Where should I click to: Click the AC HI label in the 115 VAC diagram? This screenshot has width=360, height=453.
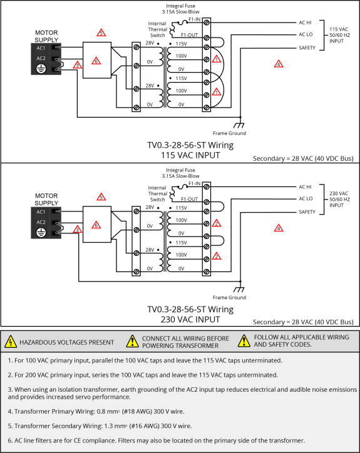click(x=305, y=23)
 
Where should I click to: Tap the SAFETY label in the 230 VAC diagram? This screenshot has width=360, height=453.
click(x=307, y=211)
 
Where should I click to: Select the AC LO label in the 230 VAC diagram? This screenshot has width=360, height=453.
click(x=306, y=198)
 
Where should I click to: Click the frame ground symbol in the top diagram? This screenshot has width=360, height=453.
click(x=239, y=125)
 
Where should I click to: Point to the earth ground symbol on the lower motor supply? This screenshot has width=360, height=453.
click(x=41, y=232)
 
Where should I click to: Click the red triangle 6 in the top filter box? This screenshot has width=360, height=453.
click(x=96, y=61)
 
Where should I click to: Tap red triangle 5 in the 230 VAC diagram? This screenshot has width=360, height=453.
click(x=101, y=196)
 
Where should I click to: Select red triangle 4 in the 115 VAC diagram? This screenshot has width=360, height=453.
click(x=279, y=64)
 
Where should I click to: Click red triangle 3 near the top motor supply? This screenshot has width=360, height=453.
click(x=77, y=64)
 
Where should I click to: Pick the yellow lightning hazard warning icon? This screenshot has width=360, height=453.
click(x=11, y=342)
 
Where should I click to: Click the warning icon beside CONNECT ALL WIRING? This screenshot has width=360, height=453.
click(x=133, y=341)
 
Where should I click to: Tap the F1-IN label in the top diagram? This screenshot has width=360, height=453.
click(x=195, y=19)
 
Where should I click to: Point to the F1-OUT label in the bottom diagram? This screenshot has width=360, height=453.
click(x=190, y=199)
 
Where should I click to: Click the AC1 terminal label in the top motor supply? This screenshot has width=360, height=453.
click(x=41, y=48)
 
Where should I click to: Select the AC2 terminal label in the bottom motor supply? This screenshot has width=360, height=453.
click(x=41, y=222)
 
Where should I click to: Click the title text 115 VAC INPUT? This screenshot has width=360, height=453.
click(x=190, y=155)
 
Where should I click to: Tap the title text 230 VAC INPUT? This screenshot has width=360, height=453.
click(x=190, y=320)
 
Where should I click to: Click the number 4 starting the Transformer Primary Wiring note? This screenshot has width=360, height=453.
click(x=9, y=412)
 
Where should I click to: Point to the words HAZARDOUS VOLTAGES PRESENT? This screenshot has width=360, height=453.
click(x=67, y=342)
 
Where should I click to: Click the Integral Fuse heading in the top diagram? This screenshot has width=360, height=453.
click(x=181, y=6)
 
